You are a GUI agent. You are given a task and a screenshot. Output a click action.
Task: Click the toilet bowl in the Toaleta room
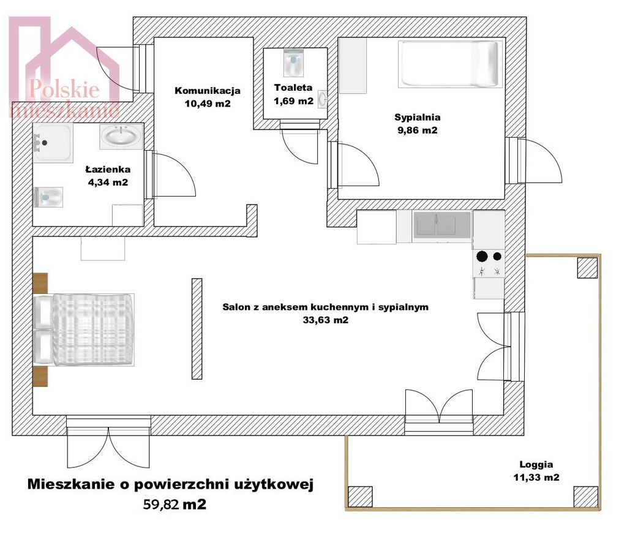pyautogui.click(x=294, y=62)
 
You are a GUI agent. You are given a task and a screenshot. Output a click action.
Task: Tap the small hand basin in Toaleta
pyautogui.click(x=323, y=99)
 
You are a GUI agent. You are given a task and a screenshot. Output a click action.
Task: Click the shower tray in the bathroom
pyautogui.click(x=53, y=143)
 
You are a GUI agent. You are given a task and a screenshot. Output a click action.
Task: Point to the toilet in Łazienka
pyautogui.click(x=48, y=197)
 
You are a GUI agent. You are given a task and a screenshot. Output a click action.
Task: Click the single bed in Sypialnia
pyautogui.click(x=449, y=64)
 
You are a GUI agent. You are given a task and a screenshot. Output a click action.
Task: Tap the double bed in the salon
pyautogui.click(x=84, y=330)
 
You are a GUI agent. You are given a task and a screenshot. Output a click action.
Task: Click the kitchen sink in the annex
pyautogui.click(x=441, y=225)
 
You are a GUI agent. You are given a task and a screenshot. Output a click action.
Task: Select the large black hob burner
pyautogui.click(x=482, y=256)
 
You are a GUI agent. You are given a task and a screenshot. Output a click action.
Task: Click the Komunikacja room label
pyautogui.click(x=208, y=91)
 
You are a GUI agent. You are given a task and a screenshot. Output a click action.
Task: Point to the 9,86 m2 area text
pyautogui.click(x=418, y=130)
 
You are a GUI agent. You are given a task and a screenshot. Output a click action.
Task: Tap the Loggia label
pyautogui.click(x=536, y=464)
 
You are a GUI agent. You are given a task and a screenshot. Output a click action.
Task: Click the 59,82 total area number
pyautogui.click(x=161, y=504)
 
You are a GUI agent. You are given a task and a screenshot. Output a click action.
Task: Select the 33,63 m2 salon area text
pyautogui.click(x=326, y=320)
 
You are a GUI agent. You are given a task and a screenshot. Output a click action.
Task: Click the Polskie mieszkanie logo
pyautogui.click(x=64, y=67)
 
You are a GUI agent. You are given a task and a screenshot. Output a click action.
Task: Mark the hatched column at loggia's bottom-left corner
pyautogui.click(x=360, y=497)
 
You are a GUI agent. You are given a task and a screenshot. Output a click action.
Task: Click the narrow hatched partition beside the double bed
pyautogui.click(x=197, y=329)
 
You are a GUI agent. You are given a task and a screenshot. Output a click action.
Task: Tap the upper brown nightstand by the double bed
pyautogui.click(x=40, y=283)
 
